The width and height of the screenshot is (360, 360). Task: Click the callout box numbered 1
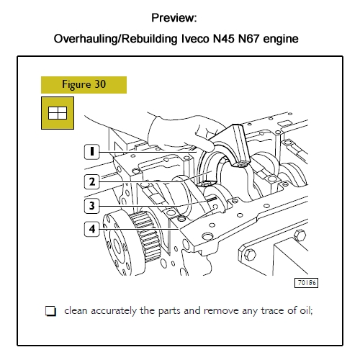pyautogui.click(x=91, y=151)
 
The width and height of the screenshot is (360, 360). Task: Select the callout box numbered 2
pyautogui.click(x=91, y=181)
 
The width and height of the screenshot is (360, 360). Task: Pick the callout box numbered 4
pyautogui.click(x=91, y=230)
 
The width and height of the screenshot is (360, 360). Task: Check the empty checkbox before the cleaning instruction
pyautogui.click(x=50, y=312)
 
